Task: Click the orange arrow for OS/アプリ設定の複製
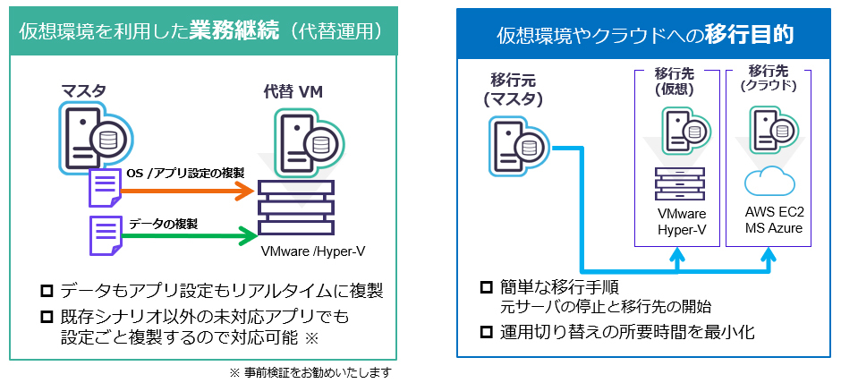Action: (x=206, y=190)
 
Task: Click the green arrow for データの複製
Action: (x=206, y=237)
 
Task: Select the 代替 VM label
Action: (x=293, y=90)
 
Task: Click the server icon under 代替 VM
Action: (x=304, y=138)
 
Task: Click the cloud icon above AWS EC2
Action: (x=769, y=182)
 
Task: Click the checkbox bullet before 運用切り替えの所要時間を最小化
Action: (x=486, y=332)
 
